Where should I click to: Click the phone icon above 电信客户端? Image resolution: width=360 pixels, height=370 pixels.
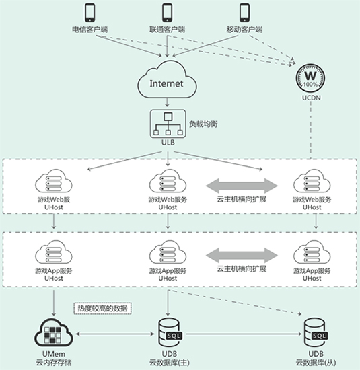pos(90,13)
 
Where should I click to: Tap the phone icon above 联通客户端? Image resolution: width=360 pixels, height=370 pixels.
pos(168,13)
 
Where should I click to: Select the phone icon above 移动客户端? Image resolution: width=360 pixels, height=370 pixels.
pos(244,13)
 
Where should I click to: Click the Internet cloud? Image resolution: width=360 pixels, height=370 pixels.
pos(167,80)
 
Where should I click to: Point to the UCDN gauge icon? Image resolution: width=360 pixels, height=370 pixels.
pos(311,78)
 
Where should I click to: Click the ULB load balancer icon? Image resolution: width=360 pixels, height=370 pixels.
pos(168,124)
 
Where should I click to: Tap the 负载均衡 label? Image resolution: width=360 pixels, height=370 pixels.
pos(203,124)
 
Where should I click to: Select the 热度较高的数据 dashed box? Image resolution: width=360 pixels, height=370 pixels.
pos(103,308)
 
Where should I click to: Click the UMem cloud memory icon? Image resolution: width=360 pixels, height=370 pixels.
pos(54,332)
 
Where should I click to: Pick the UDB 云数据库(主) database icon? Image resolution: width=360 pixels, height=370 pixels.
pos(170,332)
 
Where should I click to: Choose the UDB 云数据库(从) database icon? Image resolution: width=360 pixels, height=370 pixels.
pos(316,332)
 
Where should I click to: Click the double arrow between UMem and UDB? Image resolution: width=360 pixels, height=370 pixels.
pos(115,334)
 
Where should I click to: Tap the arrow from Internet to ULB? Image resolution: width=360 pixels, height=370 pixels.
pos(168,103)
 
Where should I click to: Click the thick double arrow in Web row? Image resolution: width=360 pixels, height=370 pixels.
pos(242,186)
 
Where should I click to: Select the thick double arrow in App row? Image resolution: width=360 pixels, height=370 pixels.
pos(242,256)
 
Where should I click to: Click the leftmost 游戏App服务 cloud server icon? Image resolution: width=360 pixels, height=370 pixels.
pos(54,252)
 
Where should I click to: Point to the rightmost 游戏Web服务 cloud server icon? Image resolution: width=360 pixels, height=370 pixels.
pos(312,181)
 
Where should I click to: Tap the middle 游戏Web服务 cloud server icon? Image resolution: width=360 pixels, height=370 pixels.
pos(168,181)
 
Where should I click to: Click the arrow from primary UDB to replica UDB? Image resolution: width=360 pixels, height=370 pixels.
pos(243,334)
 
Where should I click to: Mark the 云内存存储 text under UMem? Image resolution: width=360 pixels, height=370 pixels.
pos(54,362)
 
